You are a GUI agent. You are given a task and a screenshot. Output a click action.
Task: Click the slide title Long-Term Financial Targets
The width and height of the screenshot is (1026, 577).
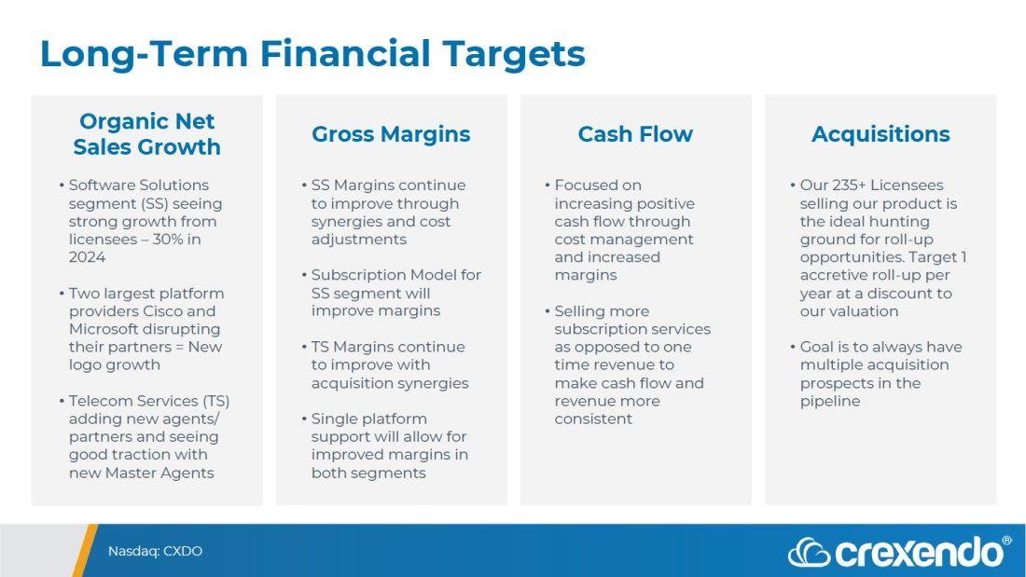coord(312,54)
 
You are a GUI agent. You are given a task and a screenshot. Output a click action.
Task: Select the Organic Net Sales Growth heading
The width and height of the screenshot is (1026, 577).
coord(146,134)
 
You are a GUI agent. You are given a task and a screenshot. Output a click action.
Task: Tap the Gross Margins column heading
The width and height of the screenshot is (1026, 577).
coord(391,134)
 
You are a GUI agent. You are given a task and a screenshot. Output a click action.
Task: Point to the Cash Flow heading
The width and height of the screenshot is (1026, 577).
coord(634,134)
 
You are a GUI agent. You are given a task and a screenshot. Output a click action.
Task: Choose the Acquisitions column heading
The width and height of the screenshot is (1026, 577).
coord(880,134)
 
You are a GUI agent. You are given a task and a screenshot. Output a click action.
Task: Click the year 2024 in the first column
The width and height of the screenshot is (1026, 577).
coord(87,257)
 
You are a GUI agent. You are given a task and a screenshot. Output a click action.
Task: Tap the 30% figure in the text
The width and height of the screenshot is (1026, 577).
coord(167,240)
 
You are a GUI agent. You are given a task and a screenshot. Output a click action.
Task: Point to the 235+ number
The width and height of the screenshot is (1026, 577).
coord(849,185)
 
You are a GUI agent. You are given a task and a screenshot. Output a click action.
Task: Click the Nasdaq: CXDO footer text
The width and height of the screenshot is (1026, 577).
coord(155,551)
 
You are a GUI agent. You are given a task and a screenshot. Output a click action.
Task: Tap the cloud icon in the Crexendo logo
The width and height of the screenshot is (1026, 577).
coord(809,553)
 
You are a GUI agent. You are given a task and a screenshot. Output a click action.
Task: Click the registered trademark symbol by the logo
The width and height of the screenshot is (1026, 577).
coord(1006,541)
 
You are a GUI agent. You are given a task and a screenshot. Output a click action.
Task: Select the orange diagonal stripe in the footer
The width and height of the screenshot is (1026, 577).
coord(84,550)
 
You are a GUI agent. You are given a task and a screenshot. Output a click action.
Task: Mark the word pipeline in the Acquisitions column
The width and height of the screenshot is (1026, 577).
coord(830,401)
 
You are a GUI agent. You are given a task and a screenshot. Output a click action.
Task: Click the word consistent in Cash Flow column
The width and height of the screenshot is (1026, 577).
coord(593,419)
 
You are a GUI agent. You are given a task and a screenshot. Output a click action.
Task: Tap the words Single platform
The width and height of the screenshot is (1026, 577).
coord(369,419)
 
